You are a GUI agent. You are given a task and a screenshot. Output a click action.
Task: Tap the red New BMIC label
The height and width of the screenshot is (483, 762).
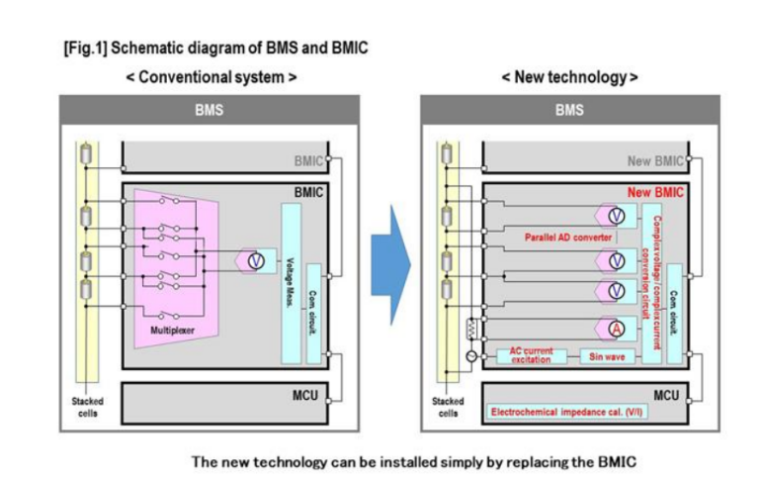[655, 193]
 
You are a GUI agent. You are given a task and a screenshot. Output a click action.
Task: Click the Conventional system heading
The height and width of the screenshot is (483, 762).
[211, 76]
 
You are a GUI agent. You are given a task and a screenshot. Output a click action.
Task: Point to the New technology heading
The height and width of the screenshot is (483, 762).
[569, 76]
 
